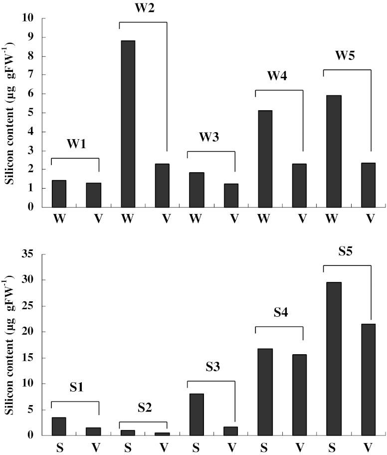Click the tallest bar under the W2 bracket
click(x=128, y=124)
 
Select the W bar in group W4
click(x=265, y=159)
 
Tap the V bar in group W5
click(x=368, y=185)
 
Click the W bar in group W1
click(x=59, y=194)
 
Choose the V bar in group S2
click(x=162, y=434)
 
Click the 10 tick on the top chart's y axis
click(x=28, y=18)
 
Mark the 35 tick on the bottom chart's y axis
click(x=26, y=254)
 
